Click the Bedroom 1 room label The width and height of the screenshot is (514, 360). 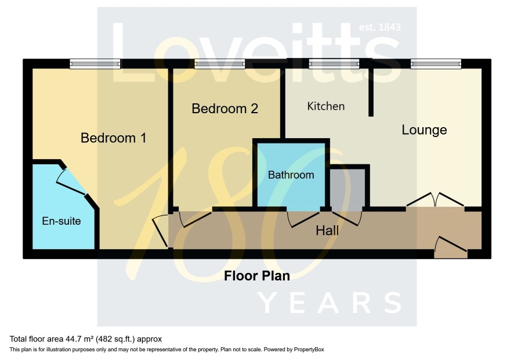point(114,138)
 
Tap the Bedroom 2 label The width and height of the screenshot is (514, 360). point(225,109)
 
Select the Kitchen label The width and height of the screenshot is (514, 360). point(326,106)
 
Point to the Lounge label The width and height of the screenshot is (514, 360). point(424,130)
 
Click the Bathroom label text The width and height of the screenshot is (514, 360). point(291,175)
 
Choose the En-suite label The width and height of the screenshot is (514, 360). point(61,221)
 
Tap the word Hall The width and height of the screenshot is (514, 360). point(327,231)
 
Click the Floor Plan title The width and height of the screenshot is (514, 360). point(256,276)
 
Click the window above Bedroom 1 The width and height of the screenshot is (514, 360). point(95,64)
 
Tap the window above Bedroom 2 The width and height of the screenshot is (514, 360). point(220,64)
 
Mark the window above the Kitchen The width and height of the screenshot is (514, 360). point(334,64)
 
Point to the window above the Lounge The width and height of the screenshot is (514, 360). point(436,64)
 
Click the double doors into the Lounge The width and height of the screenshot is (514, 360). point(435,200)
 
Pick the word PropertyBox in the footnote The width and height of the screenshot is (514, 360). point(309,350)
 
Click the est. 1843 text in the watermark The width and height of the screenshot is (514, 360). point(380,27)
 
